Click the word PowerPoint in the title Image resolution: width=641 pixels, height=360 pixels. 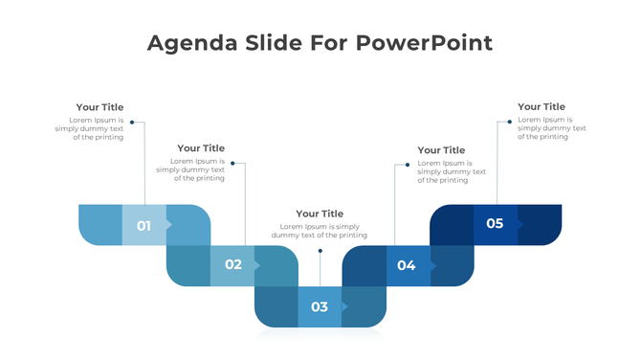point(424,43)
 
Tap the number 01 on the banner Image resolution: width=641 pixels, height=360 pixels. point(144,226)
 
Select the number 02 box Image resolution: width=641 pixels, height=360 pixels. point(232,265)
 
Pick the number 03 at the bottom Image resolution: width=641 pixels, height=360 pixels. point(320,307)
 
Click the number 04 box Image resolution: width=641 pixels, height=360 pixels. point(407,265)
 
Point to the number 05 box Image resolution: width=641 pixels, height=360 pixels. point(495,224)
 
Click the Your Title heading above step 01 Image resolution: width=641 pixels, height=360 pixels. point(99,107)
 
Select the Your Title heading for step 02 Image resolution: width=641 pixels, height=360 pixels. point(201,148)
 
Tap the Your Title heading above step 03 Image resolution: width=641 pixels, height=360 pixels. point(320,214)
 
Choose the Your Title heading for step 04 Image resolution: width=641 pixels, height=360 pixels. point(441,150)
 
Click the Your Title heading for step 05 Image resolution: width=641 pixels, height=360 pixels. point(542,107)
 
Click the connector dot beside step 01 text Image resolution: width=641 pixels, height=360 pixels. point(132,123)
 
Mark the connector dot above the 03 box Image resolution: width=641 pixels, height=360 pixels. point(320,251)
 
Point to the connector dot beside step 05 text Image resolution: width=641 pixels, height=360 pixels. point(509,122)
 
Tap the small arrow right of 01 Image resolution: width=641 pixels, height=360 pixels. point(169,226)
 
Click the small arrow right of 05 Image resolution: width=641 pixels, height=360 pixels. point(520,224)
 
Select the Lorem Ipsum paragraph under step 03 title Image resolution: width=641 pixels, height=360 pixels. point(320,231)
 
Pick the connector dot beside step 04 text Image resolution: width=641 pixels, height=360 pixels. point(408,164)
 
